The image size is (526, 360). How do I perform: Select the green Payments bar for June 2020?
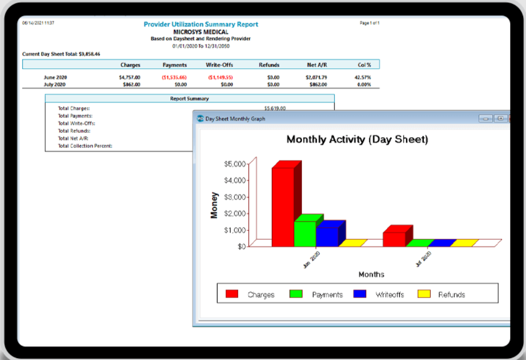[x=305, y=234]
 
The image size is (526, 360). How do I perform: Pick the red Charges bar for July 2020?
[x=394, y=239]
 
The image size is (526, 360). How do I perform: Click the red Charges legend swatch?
[x=232, y=294]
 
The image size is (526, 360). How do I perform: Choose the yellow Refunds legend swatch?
[x=424, y=294]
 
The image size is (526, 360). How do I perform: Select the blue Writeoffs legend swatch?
[x=360, y=294]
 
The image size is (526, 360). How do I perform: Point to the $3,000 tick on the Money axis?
[x=235, y=197]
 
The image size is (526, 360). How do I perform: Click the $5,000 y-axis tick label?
[x=235, y=164]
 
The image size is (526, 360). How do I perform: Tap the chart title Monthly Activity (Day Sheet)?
[x=357, y=140]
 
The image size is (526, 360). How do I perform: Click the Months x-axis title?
[x=371, y=274]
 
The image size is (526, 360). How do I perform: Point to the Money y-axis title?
[x=215, y=205]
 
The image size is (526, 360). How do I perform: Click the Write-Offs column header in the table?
[x=219, y=65]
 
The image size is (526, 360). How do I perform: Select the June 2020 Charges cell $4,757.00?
[x=130, y=77]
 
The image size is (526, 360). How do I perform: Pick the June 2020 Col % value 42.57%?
[x=363, y=77]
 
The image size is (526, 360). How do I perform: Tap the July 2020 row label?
[x=55, y=85]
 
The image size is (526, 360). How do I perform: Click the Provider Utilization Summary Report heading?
[x=201, y=24]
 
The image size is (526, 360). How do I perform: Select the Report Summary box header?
[x=190, y=99]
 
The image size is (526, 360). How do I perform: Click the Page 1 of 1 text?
[x=369, y=23]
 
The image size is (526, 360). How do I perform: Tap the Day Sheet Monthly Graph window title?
[x=235, y=118]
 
